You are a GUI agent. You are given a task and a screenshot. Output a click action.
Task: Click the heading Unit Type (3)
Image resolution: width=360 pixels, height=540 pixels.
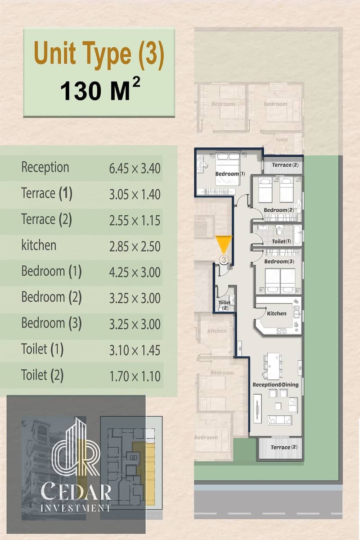tap(99, 54)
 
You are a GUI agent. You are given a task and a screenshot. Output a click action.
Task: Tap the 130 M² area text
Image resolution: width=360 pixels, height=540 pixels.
tap(100, 90)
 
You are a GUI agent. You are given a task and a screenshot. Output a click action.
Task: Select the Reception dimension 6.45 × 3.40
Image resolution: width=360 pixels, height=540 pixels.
tap(135, 168)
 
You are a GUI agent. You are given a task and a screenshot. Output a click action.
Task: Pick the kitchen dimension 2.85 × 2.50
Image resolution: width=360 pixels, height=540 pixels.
tap(135, 247)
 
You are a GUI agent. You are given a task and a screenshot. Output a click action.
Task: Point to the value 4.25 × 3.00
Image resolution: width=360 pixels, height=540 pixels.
tap(135, 272)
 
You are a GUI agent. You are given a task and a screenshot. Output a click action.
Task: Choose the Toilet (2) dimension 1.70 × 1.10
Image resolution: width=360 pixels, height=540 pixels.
tap(135, 377)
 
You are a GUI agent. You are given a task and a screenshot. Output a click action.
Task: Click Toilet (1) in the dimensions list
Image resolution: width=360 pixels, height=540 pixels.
tap(42, 349)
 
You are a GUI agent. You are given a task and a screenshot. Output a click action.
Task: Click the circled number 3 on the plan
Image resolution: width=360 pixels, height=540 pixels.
tap(224, 259)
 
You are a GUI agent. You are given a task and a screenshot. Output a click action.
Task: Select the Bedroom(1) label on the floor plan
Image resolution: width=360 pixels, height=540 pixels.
tap(230, 174)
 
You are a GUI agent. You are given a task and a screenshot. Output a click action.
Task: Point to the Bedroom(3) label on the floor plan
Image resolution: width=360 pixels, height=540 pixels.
tap(279, 262)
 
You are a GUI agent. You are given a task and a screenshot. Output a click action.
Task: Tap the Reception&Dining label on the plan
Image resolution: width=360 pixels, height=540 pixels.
tap(276, 385)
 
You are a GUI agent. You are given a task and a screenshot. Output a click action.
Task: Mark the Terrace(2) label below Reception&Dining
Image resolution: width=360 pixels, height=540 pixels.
tap(284, 447)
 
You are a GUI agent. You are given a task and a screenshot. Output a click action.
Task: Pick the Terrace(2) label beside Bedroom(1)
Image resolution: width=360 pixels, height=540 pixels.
tap(285, 165)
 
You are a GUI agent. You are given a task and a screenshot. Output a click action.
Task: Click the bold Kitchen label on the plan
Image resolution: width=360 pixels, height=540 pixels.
tap(277, 314)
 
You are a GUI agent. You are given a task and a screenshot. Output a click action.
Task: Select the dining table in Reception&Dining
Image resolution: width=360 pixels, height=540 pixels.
tap(274, 366)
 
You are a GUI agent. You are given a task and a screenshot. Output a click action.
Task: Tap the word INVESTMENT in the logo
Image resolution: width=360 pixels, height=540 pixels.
tap(75, 508)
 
